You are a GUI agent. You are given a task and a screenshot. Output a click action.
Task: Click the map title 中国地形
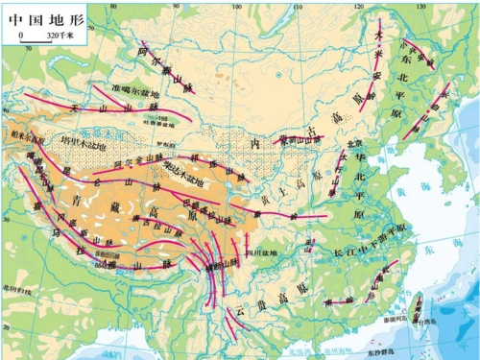36,16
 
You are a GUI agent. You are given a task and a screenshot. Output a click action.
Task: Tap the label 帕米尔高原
23,138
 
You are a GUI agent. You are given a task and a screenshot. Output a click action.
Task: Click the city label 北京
345,144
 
